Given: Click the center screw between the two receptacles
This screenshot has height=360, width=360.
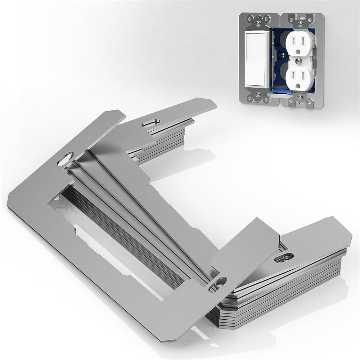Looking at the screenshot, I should [x=300, y=60].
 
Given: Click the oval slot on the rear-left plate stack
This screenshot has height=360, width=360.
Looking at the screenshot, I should [x=149, y=124].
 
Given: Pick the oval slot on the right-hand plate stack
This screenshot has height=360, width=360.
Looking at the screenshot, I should [x=284, y=257].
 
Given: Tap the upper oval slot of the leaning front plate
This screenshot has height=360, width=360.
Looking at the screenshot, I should [x=67, y=159].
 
